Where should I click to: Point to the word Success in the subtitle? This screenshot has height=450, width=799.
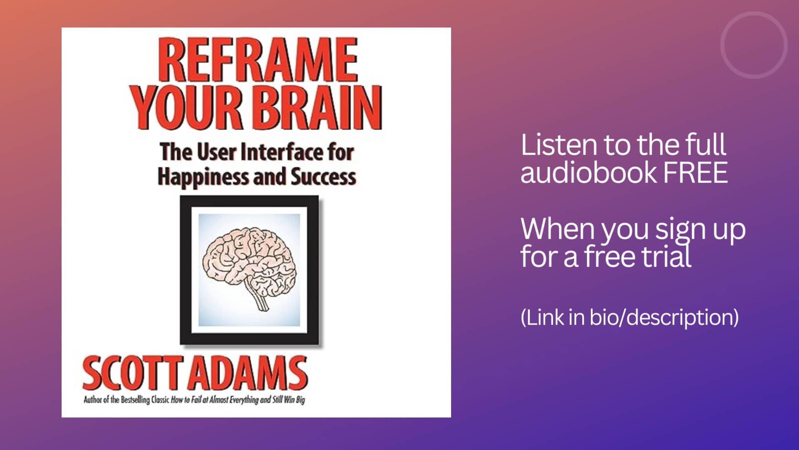[x=323, y=177]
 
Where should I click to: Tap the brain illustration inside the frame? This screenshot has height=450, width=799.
[x=249, y=262]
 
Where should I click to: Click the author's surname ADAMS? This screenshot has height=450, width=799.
[x=250, y=373]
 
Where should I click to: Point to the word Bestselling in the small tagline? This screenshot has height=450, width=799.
[x=135, y=400]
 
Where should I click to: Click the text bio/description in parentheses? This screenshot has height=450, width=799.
[x=664, y=317]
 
